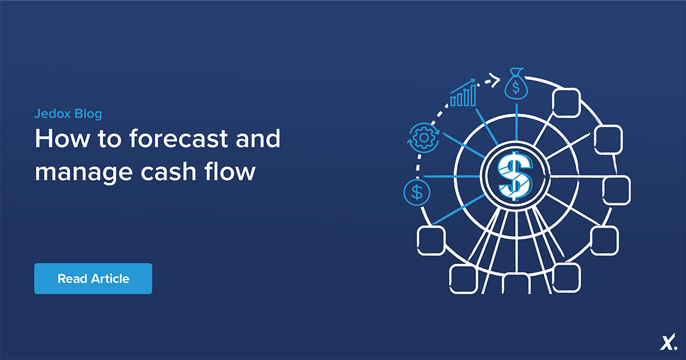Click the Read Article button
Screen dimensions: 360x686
(93, 279)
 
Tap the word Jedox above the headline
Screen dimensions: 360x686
(51, 114)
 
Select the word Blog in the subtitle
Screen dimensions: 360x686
(88, 114)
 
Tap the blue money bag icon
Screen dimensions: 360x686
(516, 85)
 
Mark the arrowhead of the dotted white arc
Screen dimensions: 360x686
(496, 80)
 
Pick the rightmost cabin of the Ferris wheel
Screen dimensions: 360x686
(617, 190)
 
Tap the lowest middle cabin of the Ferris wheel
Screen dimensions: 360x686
(516, 284)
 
